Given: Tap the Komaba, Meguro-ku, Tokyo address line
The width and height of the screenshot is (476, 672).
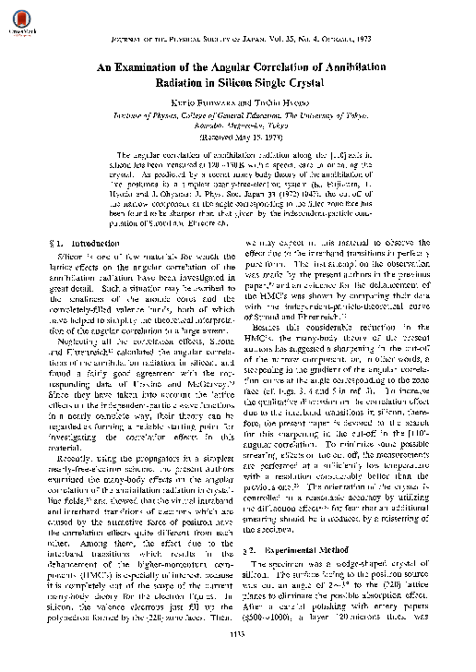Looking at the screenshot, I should (238, 130).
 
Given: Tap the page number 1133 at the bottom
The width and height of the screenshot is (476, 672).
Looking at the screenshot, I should (237, 661).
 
